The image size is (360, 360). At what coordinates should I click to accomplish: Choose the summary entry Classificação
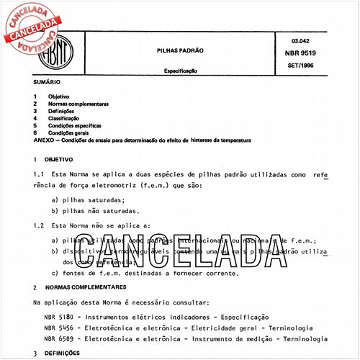pos(64,118)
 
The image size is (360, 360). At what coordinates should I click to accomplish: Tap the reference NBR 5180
pos(58,316)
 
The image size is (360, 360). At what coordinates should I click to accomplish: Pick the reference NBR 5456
pos(58,327)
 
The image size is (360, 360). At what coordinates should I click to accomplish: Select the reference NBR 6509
pos(58,338)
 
